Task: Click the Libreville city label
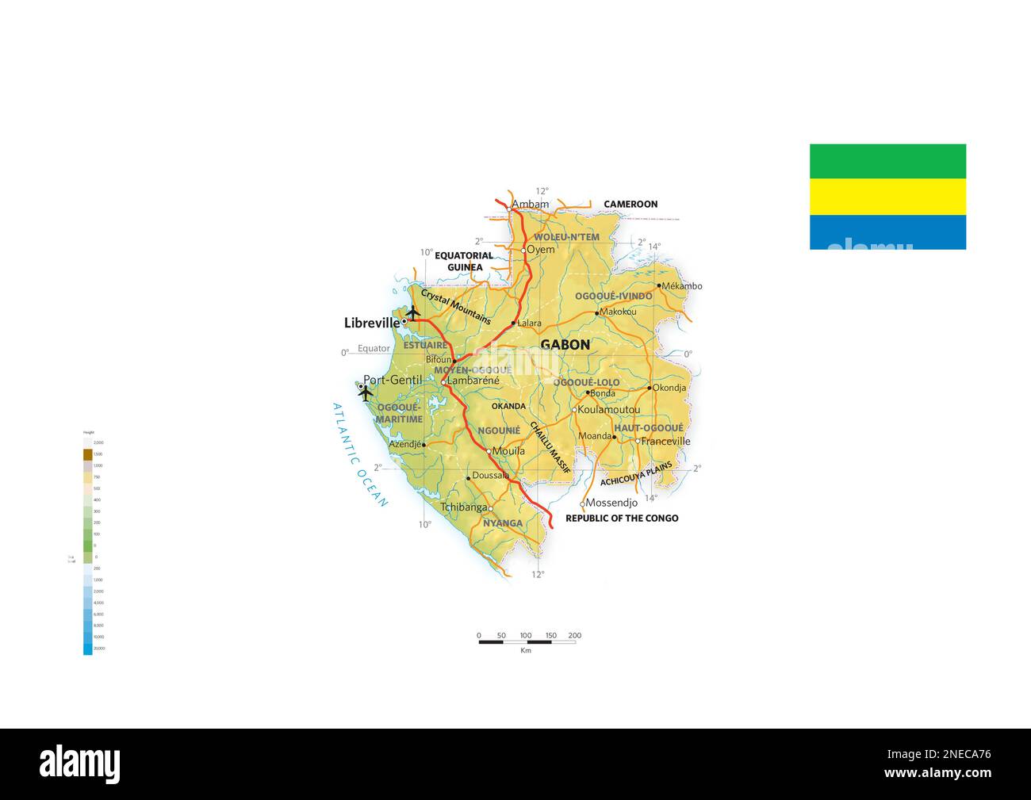point(372,323)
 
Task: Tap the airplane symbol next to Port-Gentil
point(366,392)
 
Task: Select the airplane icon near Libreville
point(412,312)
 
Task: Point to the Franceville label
point(665,442)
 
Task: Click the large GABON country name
point(565,345)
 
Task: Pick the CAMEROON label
point(630,205)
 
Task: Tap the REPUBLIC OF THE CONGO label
point(622,519)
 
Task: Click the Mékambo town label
point(682,286)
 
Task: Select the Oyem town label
point(541,250)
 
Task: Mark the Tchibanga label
point(463,507)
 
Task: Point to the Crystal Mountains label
point(456,307)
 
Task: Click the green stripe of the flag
point(887,161)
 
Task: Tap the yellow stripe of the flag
point(887,197)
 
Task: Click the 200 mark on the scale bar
point(575,635)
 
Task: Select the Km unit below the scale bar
point(526,651)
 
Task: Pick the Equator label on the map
point(374,349)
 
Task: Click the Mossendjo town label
point(611,503)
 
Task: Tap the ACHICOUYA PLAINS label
point(636,473)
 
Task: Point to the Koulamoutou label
point(608,410)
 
